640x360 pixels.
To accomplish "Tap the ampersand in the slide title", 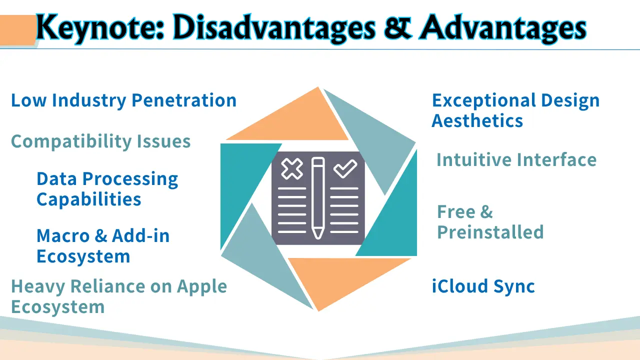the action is coord(397,27).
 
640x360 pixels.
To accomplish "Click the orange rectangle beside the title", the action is coord(17,30).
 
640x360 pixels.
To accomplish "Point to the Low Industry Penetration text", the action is coord(123,100).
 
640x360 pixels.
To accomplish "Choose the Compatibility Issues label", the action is coord(100,141).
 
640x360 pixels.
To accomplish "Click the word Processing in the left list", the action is coord(130,179).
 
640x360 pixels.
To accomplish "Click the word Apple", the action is coord(201,286).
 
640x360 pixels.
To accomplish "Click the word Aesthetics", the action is coord(477,120).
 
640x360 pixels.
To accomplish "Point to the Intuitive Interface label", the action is coord(516,159).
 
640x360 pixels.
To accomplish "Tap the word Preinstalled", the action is coord(490,231).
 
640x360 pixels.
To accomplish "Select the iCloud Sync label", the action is coord(483,286).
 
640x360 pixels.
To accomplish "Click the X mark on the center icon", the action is coord(292,169).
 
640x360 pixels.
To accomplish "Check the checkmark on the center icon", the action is coord(345,168).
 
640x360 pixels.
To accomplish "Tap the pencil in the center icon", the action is coord(318,197).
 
